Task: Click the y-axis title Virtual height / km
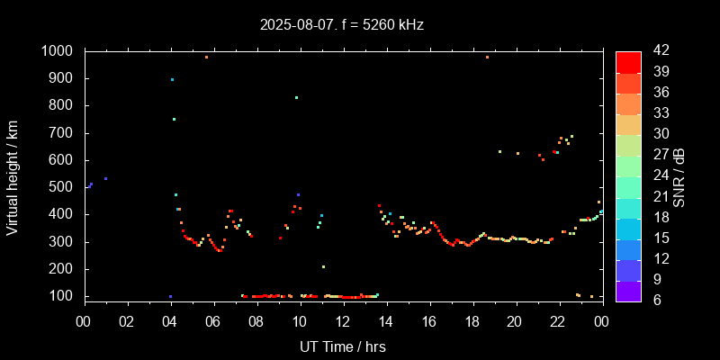13,177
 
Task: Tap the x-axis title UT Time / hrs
342,346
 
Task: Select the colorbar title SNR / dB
679,177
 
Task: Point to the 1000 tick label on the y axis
58,51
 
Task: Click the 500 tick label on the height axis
63,187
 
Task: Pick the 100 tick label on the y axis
63,296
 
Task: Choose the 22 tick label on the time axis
558,321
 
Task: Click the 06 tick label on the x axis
213,321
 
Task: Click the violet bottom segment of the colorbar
628,291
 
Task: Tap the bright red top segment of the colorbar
628,61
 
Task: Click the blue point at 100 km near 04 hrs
170,296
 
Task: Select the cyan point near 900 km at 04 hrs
172,79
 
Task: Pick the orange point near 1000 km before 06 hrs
206,57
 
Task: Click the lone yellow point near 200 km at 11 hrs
323,266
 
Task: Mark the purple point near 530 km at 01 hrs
105,178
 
